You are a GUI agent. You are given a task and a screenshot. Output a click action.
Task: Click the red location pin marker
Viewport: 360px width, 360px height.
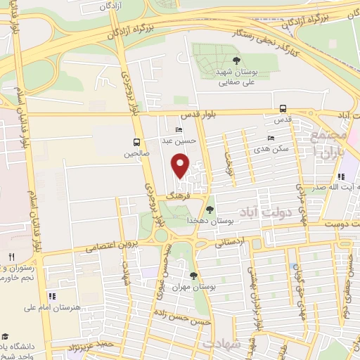[x=181, y=166]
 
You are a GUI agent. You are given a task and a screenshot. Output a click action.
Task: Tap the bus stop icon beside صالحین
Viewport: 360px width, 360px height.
[x=136, y=141]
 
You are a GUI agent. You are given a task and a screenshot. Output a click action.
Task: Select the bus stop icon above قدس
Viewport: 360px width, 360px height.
[x=283, y=108]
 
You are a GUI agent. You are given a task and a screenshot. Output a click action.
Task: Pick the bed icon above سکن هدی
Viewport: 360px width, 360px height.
[x=270, y=139]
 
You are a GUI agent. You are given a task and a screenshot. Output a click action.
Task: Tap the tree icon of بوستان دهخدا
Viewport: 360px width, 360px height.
[x=209, y=209]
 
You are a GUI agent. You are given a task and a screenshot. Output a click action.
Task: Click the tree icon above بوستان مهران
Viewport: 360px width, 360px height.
[x=193, y=275]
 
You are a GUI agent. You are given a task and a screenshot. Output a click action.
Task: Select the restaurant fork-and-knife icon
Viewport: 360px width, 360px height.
[x=11, y=257]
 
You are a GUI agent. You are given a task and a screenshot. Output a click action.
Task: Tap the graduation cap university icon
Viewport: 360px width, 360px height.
[x=5, y=336]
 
